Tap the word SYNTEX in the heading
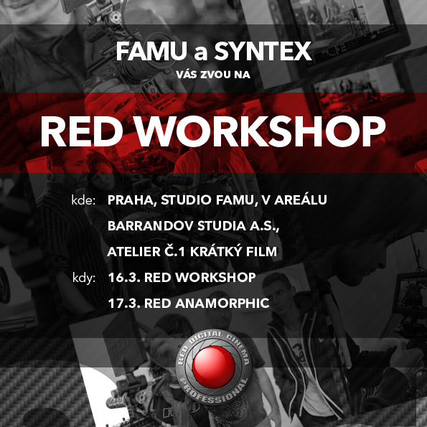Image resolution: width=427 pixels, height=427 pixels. [x=263, y=51]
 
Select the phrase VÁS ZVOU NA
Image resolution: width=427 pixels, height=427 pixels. [x=213, y=75]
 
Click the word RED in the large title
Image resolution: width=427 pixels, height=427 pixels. [x=82, y=132]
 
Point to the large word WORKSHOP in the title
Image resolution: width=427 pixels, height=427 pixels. [x=261, y=132]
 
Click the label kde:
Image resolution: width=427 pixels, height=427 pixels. [x=83, y=200]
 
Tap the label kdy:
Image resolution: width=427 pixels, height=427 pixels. [x=84, y=278]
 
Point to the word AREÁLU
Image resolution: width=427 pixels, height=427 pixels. [x=301, y=200]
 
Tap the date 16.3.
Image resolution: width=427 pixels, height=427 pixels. [x=124, y=278]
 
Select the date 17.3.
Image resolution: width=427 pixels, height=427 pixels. [x=124, y=304]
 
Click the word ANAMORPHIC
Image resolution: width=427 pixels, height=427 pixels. [x=222, y=304]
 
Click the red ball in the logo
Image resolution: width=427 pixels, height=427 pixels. [x=214, y=367]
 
